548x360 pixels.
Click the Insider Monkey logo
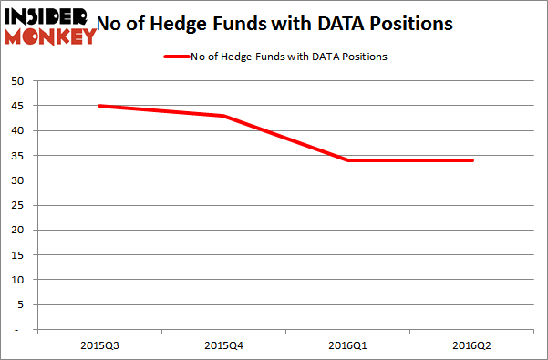(49, 26)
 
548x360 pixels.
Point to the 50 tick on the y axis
(17, 81)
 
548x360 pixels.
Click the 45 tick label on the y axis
(17, 106)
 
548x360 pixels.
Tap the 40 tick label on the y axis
(17, 130)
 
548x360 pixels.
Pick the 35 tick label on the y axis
(17, 156)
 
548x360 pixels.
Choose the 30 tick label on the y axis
(17, 180)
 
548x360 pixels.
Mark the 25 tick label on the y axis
(17, 205)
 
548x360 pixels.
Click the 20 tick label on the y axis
(17, 230)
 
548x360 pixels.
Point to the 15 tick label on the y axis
(17, 254)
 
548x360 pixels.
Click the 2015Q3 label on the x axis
(98, 345)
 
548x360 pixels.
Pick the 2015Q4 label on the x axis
(222, 345)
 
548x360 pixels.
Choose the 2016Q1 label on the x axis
(347, 345)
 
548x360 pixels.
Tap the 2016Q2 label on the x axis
(472, 345)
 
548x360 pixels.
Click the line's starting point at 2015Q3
(98, 106)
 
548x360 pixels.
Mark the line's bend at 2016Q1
(347, 160)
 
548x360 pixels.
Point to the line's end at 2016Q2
(472, 160)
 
